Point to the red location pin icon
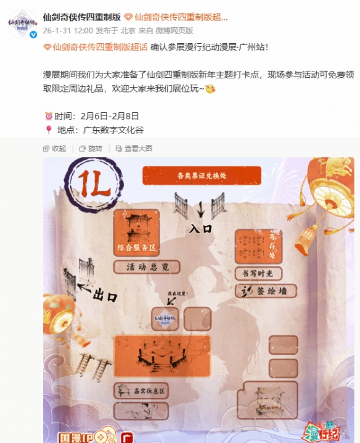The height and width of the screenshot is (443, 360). point(49,130)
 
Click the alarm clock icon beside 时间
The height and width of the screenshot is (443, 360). point(49,116)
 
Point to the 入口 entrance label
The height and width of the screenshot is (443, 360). point(200,228)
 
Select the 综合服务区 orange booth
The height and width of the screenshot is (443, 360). point(141,233)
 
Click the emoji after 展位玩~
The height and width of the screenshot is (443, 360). point(210,89)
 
